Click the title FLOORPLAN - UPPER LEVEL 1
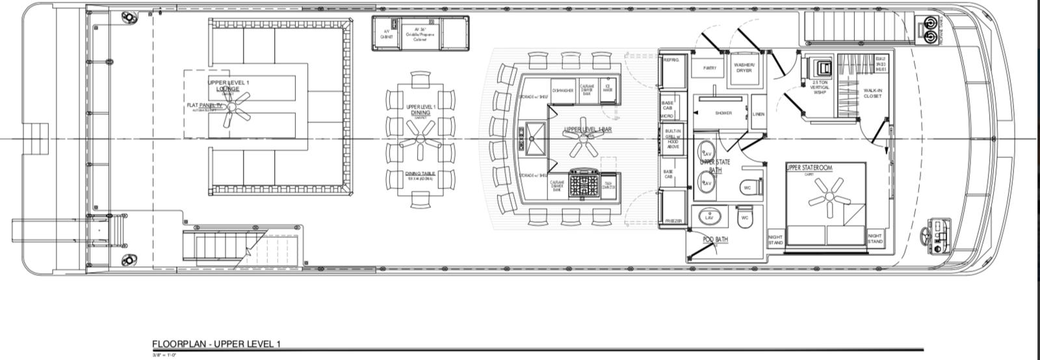coord(216,344)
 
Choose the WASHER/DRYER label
coord(744,68)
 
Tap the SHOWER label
coord(723,113)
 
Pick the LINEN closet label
coord(758,114)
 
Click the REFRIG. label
coord(670,60)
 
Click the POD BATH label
coord(716,240)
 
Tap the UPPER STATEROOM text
coord(809,168)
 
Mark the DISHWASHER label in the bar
coord(563,90)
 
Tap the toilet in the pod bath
coord(745,218)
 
